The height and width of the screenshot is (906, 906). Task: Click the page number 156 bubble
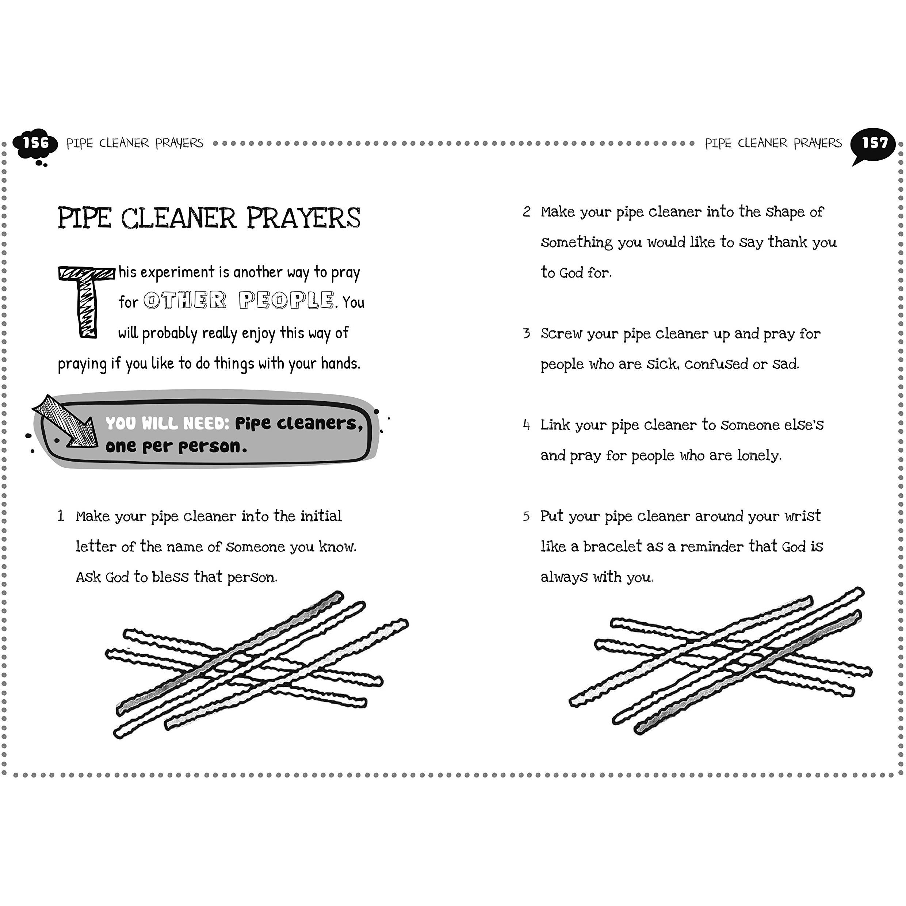coord(35,144)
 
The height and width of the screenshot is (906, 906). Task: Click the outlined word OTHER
coord(185,300)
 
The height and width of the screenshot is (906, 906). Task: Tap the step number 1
coord(61,516)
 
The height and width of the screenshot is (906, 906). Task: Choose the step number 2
coord(527,212)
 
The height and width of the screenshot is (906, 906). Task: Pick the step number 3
coord(527,333)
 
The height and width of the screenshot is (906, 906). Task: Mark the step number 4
coord(527,425)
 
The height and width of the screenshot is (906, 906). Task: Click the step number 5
coord(527,516)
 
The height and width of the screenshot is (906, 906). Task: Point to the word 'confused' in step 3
coord(716,364)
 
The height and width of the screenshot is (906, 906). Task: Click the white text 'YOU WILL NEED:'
coord(167,424)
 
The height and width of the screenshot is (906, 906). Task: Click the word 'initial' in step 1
coord(321,516)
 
